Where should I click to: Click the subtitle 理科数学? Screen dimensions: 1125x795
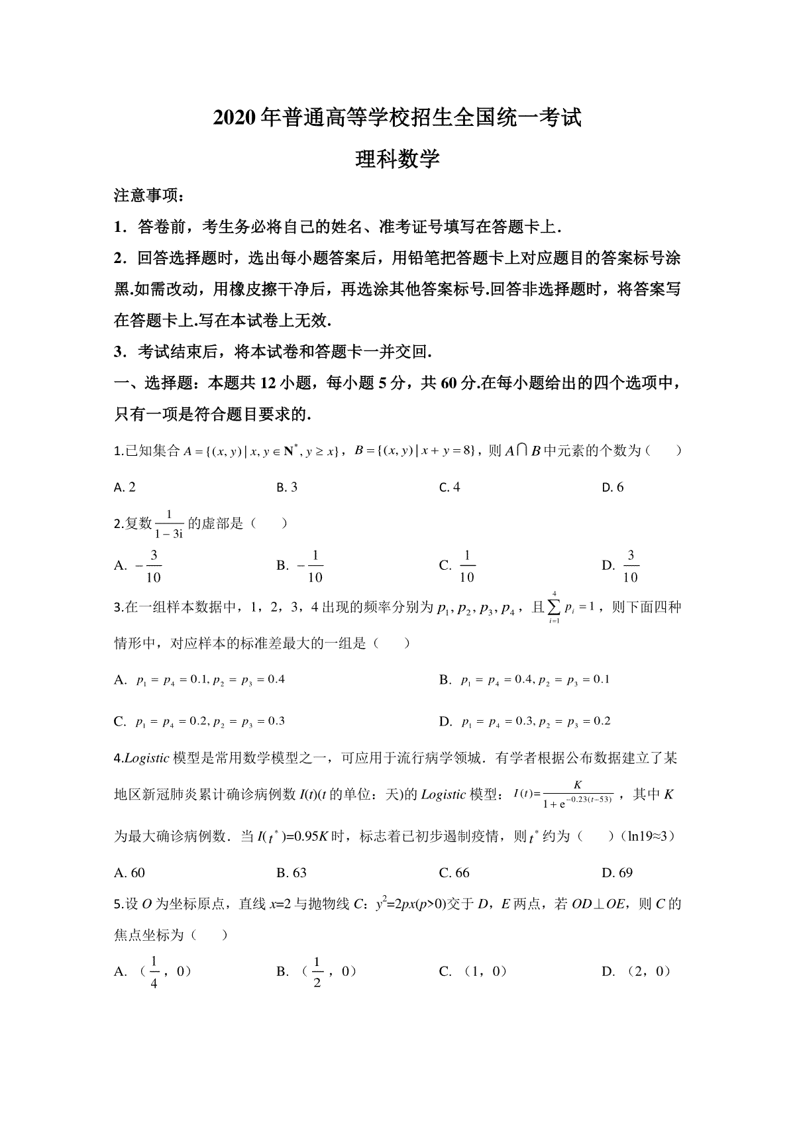coord(397,160)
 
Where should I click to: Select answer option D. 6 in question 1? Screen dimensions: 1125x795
coord(613,488)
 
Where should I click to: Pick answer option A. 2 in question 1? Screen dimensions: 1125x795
coord(125,488)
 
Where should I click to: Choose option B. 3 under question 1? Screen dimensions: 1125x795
coord(287,488)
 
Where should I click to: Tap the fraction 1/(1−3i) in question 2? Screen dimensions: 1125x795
coord(170,523)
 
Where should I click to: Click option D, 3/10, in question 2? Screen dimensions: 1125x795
coord(621,566)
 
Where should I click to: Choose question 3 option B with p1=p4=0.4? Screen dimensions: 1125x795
coord(524,680)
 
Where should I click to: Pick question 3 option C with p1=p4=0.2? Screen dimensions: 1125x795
coord(199,722)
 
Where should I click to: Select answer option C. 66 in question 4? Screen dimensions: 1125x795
coord(454,873)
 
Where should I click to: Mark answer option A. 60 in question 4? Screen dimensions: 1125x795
coord(129,873)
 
